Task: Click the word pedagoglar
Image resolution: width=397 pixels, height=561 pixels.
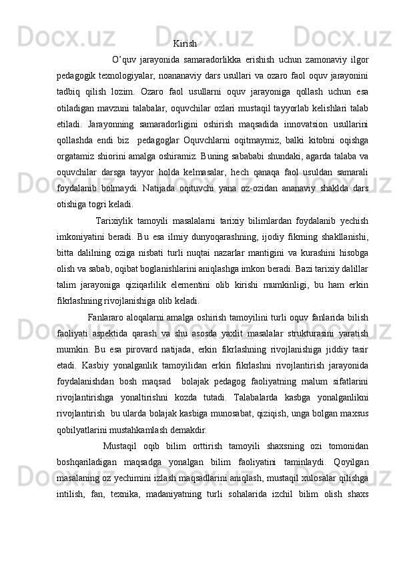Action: coord(167,142)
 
